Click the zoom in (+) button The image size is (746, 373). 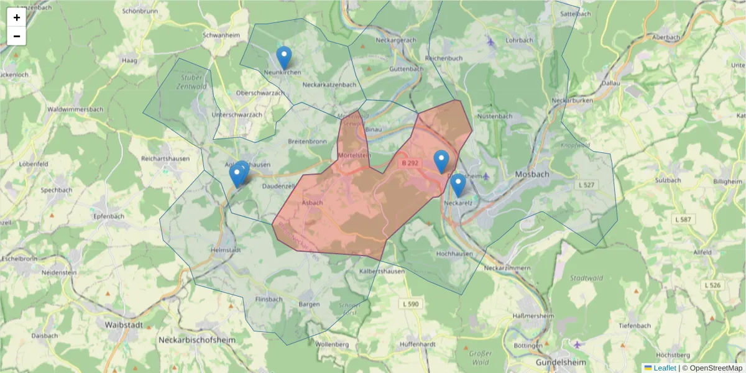tap(17, 17)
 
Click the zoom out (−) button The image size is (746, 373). tap(17, 36)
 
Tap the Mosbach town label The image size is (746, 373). tap(532, 175)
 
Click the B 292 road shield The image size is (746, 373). tap(410, 163)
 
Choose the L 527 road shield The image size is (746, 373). tap(586, 185)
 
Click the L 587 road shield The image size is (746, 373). tap(683, 219)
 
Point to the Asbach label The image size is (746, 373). tap(312, 203)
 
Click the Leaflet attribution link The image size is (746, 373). tap(664, 368)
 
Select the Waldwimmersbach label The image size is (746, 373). tap(75, 109)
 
